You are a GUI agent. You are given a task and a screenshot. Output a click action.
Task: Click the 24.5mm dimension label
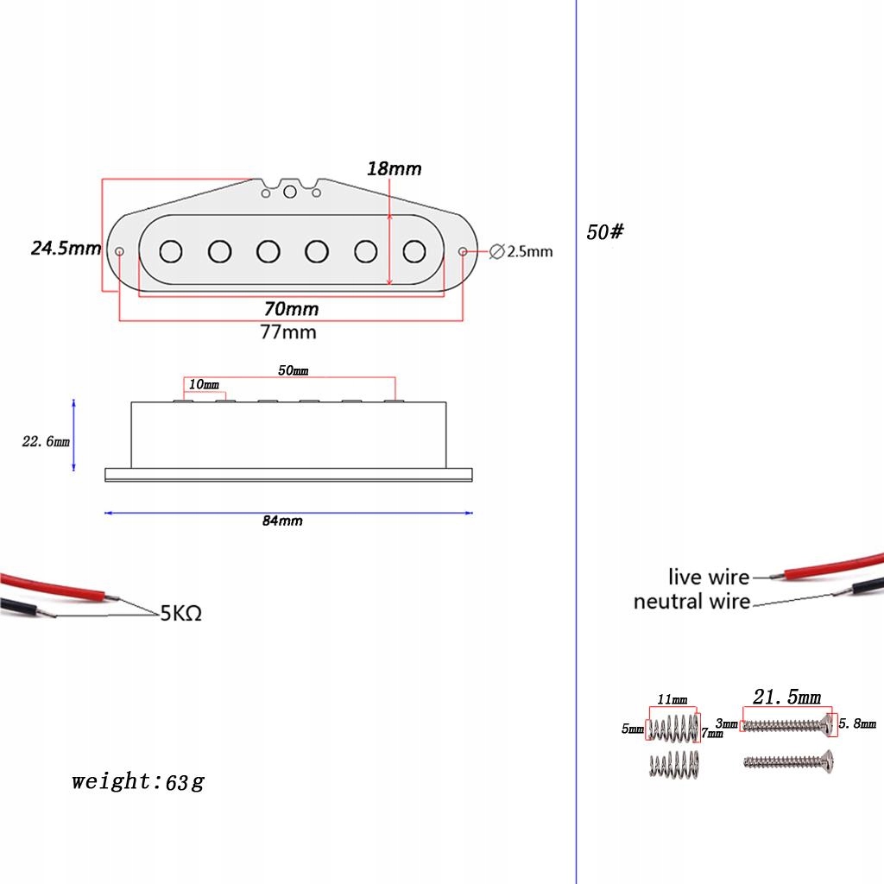(66, 248)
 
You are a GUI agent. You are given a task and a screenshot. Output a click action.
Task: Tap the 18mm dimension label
(394, 168)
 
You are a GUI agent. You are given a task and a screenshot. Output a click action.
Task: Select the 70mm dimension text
(292, 309)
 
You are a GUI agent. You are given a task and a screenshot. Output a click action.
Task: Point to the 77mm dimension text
(288, 331)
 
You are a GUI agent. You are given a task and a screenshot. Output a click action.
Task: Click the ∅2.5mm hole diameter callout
(521, 251)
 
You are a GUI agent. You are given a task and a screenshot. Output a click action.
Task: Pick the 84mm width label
(282, 521)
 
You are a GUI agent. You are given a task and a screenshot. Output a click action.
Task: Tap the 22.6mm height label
(46, 441)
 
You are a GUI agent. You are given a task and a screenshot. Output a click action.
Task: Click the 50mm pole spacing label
(294, 370)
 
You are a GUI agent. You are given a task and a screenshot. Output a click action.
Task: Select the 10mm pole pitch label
(204, 384)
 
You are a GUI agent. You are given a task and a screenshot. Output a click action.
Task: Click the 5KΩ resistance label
(181, 614)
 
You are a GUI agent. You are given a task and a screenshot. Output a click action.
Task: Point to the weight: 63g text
(137, 782)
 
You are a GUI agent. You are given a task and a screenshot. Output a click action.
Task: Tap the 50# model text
(605, 231)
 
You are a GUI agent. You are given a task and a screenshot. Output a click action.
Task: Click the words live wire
(709, 577)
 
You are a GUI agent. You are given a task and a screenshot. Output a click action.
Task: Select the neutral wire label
(691, 602)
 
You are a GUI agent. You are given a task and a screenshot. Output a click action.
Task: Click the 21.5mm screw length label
(787, 697)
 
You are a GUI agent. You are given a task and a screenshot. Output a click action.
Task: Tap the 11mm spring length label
(672, 699)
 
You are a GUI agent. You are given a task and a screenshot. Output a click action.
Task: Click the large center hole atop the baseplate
(290, 193)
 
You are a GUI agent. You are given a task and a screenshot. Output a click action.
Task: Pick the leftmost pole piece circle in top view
(171, 251)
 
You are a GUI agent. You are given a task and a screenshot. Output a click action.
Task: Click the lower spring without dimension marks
(674, 765)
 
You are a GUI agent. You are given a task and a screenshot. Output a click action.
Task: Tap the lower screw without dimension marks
(789, 761)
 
